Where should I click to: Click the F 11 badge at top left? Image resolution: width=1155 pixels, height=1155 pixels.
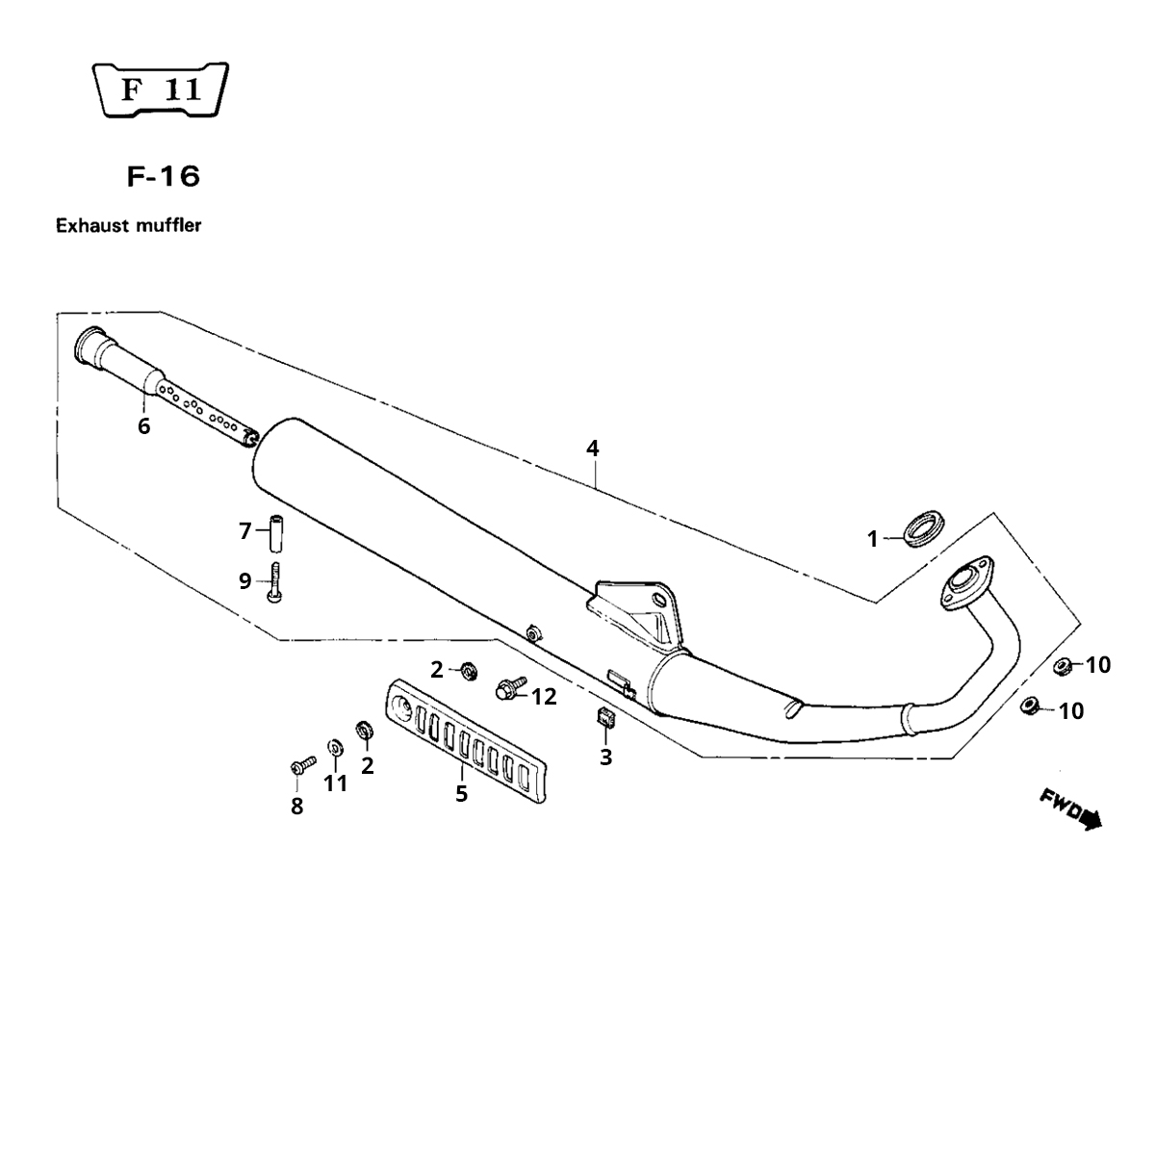tap(161, 90)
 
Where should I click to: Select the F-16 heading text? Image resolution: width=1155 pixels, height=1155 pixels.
tap(164, 177)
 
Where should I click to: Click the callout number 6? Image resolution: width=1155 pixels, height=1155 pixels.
tap(143, 426)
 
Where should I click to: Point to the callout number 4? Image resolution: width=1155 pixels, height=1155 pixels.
tap(592, 449)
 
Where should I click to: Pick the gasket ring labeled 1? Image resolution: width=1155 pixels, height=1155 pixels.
tap(924, 528)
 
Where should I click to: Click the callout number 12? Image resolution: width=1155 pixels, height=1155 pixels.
tap(544, 697)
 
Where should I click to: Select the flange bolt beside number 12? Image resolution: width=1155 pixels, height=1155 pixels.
tap(510, 687)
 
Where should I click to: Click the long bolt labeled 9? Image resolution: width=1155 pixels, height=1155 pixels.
tap(274, 582)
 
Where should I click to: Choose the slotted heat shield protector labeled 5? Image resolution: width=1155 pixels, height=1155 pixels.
tap(466, 740)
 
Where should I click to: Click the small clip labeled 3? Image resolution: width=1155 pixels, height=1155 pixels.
tap(604, 717)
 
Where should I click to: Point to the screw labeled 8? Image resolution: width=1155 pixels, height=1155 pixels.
tap(302, 765)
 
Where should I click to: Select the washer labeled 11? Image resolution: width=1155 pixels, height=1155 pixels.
tap(335, 748)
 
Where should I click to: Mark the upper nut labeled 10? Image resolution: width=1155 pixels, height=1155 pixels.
tap(1063, 665)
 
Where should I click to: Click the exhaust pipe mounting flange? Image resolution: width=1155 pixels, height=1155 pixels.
tap(966, 583)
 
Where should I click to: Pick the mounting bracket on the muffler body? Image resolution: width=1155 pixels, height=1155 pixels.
tap(636, 614)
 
